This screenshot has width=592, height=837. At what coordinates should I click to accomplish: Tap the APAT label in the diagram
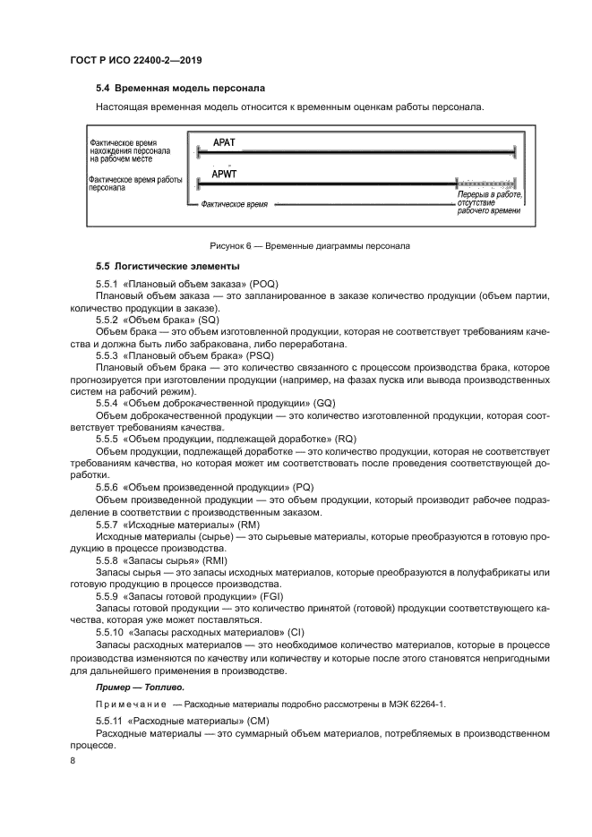(225, 142)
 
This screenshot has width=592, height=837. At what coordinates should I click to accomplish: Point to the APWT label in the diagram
(226, 173)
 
